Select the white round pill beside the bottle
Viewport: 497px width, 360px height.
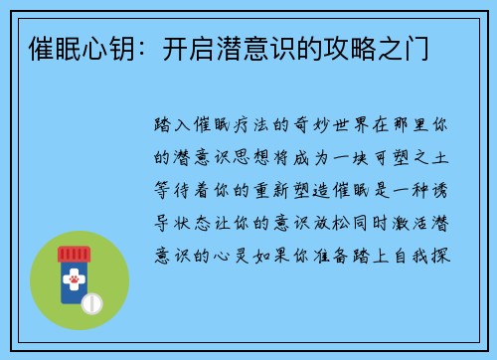coord(92,300)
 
